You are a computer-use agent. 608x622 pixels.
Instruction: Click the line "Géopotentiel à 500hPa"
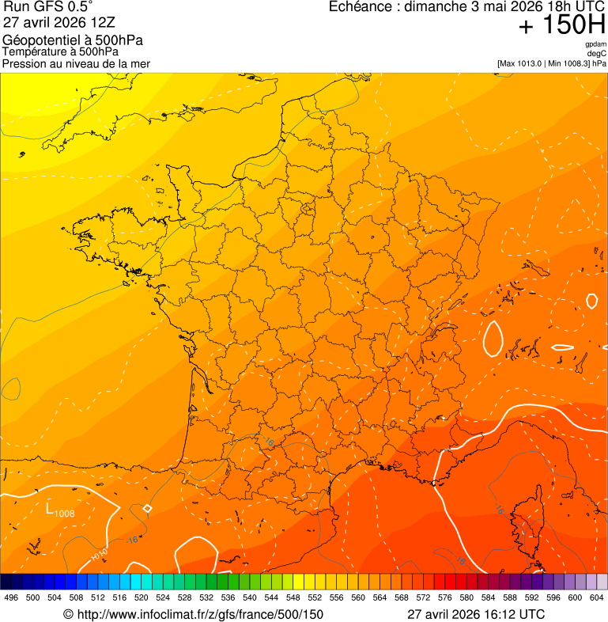tap(73, 40)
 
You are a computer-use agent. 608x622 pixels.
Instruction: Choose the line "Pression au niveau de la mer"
tap(76, 63)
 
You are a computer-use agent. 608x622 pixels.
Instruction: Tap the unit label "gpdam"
tap(595, 44)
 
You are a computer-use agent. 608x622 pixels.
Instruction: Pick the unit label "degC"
tap(597, 54)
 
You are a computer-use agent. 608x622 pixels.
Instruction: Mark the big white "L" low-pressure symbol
tap(50, 509)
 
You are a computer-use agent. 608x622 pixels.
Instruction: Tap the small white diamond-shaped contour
tap(147, 508)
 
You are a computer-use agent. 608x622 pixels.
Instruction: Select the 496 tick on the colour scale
tap(11, 597)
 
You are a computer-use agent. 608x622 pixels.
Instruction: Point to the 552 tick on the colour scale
tap(315, 597)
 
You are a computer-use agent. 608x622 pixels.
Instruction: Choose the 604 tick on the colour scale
tap(596, 597)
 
